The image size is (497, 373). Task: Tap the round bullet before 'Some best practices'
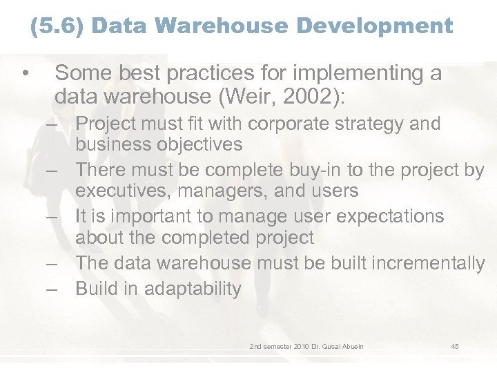[24, 73]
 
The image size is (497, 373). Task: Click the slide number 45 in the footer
[455, 346]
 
